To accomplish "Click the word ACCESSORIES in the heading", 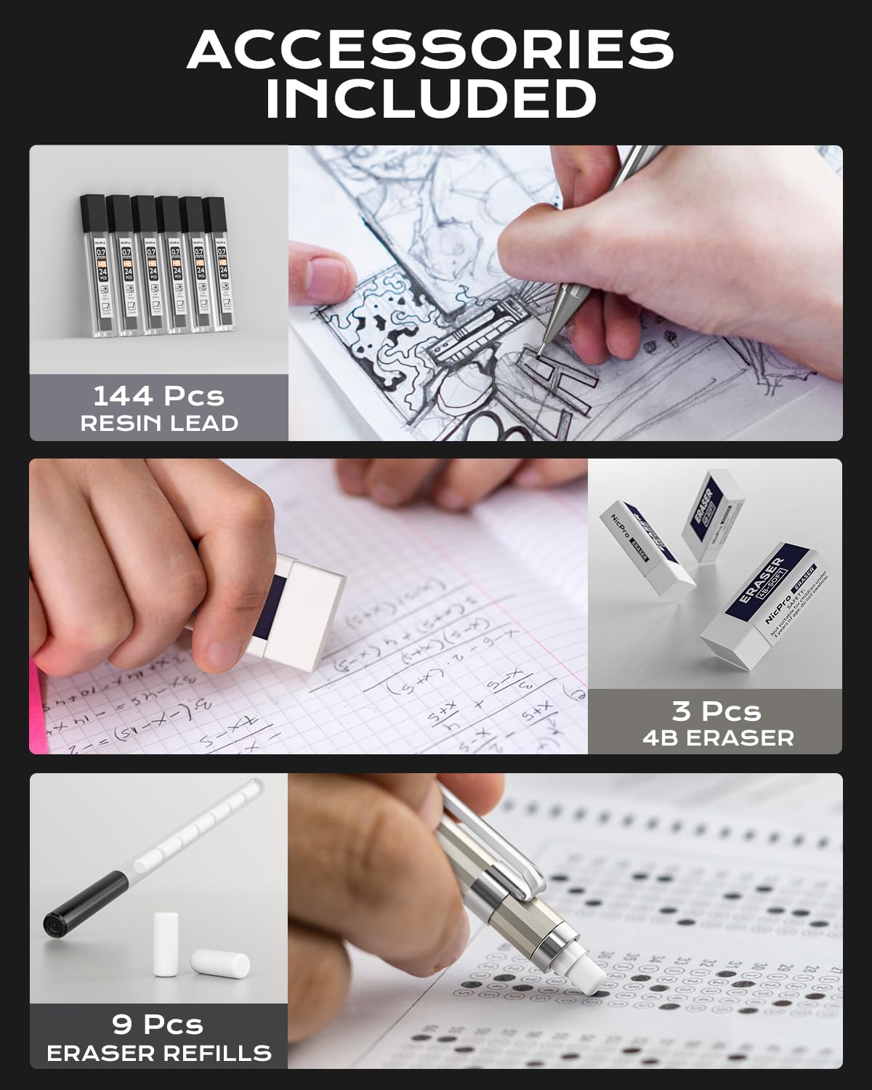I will point(430,50).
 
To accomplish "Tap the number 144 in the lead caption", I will point(123,396).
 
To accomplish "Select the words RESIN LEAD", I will point(159,424).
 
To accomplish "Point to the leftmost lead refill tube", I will point(94,265).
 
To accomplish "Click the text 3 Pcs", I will point(716,710).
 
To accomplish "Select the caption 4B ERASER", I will point(717,738).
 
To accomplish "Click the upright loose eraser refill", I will point(166,944).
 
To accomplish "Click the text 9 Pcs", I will point(158,1024).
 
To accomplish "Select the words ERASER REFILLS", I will point(159,1052).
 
